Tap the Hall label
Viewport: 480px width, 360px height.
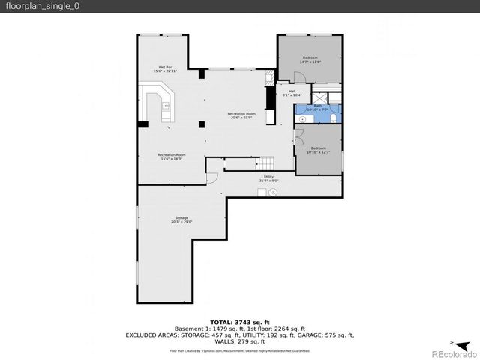point(291,93)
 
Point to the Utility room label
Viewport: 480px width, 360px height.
point(268,178)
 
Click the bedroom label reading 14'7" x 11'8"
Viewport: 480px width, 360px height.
point(310,59)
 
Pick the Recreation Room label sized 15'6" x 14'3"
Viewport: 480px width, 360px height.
point(171,157)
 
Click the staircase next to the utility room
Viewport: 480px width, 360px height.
point(267,164)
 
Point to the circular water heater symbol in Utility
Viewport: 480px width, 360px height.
point(274,193)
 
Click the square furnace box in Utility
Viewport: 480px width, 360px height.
point(262,193)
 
